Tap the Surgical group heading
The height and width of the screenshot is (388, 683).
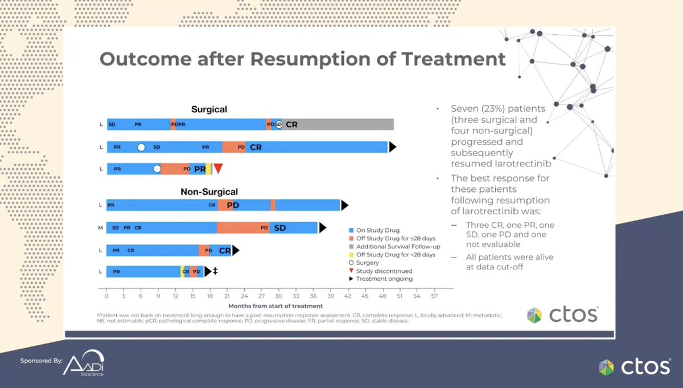tap(209, 109)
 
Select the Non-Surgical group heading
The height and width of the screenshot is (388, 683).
tap(209, 192)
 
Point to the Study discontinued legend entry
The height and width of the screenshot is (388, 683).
tap(384, 271)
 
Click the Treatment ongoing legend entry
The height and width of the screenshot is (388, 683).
tap(384, 279)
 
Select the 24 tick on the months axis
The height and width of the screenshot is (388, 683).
tap(244, 297)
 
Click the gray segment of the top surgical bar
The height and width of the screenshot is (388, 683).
tap(341, 124)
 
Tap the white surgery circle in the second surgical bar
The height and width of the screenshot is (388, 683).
tap(141, 147)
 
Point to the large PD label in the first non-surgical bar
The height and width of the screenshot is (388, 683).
tap(233, 205)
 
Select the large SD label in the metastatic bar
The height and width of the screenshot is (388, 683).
tap(280, 228)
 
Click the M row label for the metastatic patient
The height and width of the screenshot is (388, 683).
tap(101, 228)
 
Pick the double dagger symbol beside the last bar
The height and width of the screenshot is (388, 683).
tap(215, 271)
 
